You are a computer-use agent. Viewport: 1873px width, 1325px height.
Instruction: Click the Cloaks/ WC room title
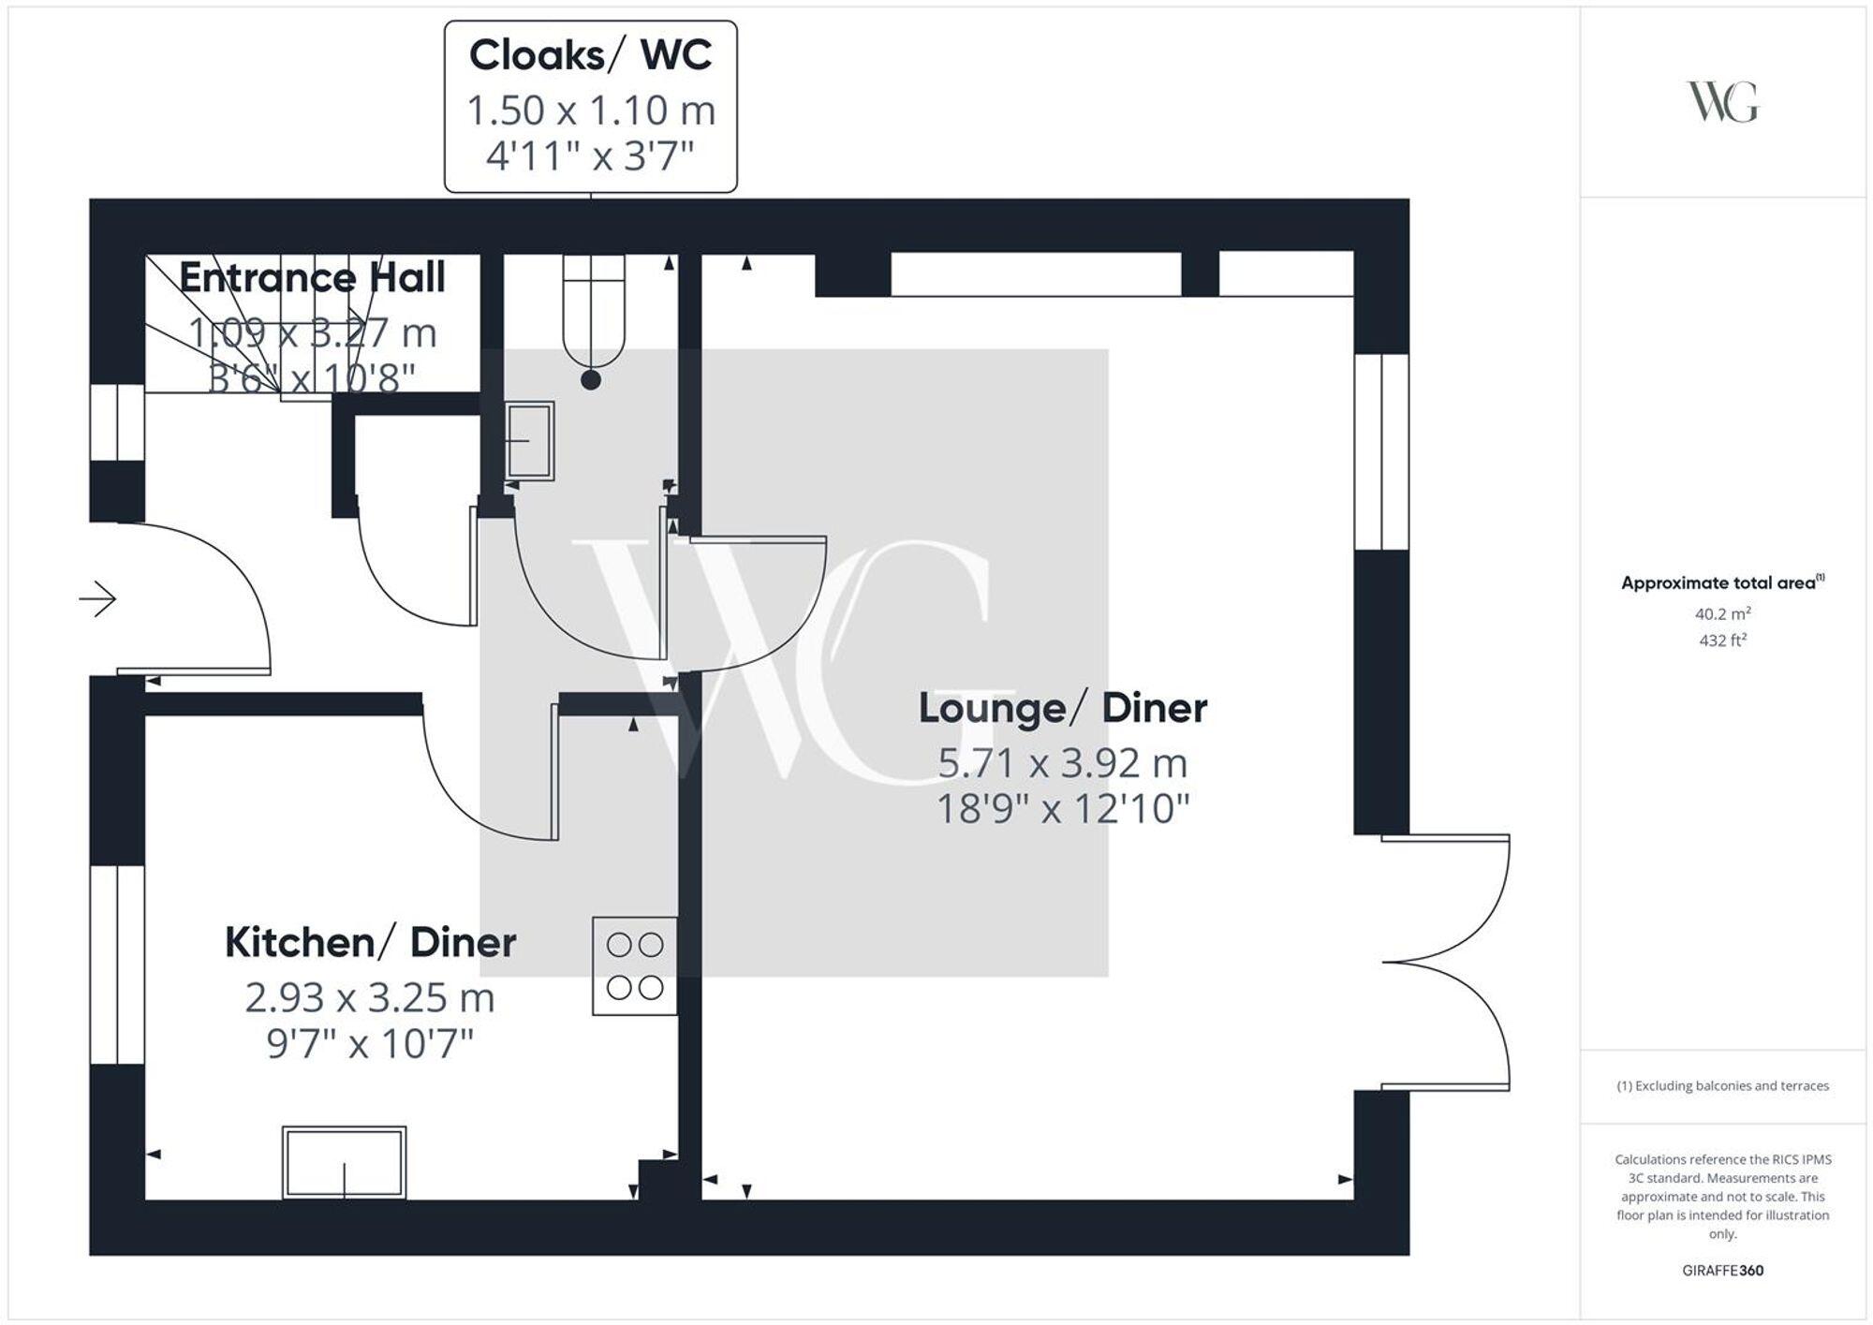coord(590,55)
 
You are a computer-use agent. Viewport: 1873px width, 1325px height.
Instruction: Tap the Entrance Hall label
coord(312,278)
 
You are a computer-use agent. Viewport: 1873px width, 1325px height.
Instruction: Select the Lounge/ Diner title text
coord(1062,709)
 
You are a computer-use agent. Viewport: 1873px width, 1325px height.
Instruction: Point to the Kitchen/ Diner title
coord(370,943)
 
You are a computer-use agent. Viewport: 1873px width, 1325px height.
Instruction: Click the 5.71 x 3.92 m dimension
coord(1062,764)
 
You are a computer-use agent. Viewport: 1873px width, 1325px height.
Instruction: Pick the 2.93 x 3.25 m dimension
coord(370,998)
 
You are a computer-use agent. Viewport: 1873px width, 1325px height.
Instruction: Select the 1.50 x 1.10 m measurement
coord(590,110)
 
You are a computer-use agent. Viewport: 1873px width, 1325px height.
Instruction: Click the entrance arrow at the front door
coord(97,598)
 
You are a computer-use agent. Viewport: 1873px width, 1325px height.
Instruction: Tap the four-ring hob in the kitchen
coord(634,965)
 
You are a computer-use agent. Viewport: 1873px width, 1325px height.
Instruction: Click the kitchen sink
coord(344,1162)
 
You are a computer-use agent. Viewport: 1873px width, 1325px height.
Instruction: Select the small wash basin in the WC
coord(529,441)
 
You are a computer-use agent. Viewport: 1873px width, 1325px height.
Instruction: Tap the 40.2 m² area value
coord(1722,614)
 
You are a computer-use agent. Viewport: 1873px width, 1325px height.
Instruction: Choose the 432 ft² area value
coord(1722,640)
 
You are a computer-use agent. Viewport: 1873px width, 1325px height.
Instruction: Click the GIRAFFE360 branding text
coord(1722,1271)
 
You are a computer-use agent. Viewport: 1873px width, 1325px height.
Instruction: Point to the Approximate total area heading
coord(1722,582)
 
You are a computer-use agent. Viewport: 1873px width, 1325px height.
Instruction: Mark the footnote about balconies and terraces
coord(1722,1086)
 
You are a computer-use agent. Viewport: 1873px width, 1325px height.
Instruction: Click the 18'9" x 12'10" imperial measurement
coord(1062,809)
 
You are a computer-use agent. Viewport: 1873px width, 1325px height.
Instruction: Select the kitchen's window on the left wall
coord(118,964)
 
